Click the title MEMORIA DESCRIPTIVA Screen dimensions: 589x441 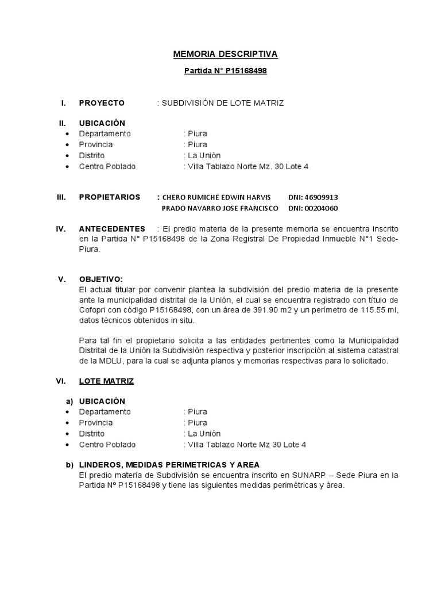pyautogui.click(x=225, y=54)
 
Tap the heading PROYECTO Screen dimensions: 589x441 pyautogui.click(x=102, y=103)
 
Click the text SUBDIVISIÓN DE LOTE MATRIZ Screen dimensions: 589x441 pyautogui.click(x=222, y=103)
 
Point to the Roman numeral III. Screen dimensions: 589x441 pyautogui.click(x=61, y=197)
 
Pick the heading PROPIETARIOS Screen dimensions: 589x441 pyautogui.click(x=109, y=197)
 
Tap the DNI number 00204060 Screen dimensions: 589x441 pyautogui.click(x=322, y=208)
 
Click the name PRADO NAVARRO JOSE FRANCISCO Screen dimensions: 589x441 pyautogui.click(x=220, y=208)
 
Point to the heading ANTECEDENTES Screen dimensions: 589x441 pyautogui.click(x=112, y=229)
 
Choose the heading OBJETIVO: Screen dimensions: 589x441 pyautogui.click(x=100, y=279)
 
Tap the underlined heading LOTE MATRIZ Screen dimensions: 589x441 pyautogui.click(x=106, y=381)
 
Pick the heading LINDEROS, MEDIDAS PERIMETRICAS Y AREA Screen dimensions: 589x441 pyautogui.click(x=169, y=464)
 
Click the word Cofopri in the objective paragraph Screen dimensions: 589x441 pyautogui.click(x=91, y=311)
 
